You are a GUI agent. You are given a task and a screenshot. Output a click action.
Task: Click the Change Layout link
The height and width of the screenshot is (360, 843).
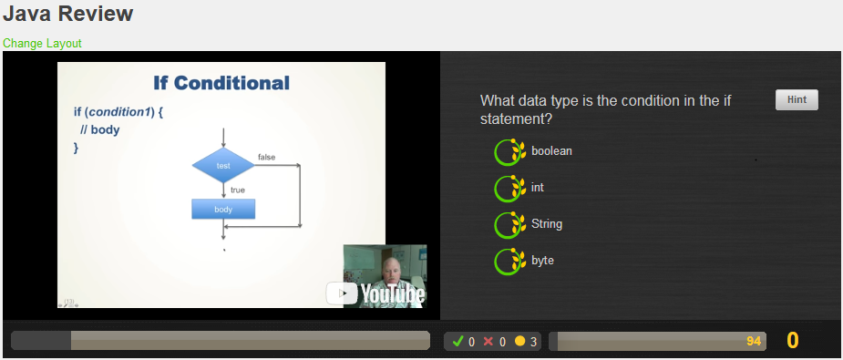pyautogui.click(x=42, y=43)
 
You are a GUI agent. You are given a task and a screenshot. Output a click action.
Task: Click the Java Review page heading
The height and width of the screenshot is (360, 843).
pyautogui.click(x=67, y=15)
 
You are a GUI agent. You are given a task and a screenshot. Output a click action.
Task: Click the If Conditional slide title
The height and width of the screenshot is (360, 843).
pyautogui.click(x=221, y=83)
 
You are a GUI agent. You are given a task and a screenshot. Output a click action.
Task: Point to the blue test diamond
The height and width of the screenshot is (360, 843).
pyautogui.click(x=223, y=166)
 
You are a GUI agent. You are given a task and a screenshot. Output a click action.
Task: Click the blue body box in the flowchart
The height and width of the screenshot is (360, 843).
pyautogui.click(x=223, y=209)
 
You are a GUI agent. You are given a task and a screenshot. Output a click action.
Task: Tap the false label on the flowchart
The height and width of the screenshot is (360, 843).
pyautogui.click(x=266, y=157)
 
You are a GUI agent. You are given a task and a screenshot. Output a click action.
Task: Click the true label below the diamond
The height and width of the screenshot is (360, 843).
pyautogui.click(x=238, y=190)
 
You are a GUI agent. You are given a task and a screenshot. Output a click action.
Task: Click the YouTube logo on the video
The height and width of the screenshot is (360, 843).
pyautogui.click(x=375, y=293)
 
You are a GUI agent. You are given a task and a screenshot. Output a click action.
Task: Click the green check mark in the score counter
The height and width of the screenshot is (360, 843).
pyautogui.click(x=457, y=342)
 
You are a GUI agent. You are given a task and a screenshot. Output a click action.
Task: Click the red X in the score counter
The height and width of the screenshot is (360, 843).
pyautogui.click(x=488, y=342)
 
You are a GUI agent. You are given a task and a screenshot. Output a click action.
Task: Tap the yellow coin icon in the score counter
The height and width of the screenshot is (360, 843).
pyautogui.click(x=519, y=342)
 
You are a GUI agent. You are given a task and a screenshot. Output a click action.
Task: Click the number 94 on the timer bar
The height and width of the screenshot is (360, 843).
pyautogui.click(x=753, y=341)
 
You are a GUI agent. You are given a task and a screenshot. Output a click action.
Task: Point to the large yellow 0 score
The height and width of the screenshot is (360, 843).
pyautogui.click(x=792, y=341)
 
